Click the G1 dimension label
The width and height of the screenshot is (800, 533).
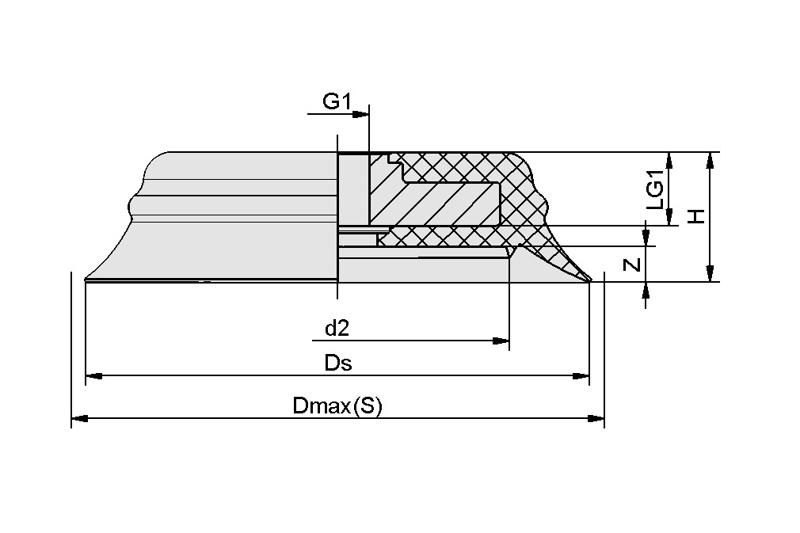(x=337, y=101)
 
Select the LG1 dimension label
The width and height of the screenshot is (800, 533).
(x=655, y=191)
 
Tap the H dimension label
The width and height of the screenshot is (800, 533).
(x=696, y=216)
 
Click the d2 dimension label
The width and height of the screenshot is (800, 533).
(x=337, y=328)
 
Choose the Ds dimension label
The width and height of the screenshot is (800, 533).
(x=338, y=364)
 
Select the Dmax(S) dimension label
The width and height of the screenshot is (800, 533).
(x=337, y=406)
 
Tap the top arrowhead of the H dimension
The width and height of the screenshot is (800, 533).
(x=710, y=161)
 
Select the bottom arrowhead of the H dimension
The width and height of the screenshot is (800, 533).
(x=710, y=272)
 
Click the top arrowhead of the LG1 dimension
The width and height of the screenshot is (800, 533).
(x=670, y=161)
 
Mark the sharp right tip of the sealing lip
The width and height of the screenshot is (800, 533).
(x=591, y=279)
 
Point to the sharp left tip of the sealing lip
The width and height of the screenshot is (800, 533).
(x=85, y=278)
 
